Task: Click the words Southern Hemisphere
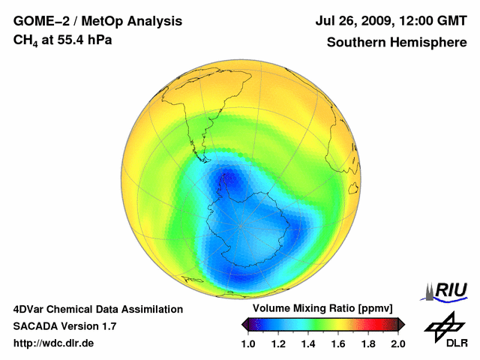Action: pyautogui.click(x=396, y=42)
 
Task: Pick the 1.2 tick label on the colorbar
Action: pyautogui.click(x=278, y=343)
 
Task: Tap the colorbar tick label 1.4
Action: pyautogui.click(x=308, y=343)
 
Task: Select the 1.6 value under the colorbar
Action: pyautogui.click(x=338, y=343)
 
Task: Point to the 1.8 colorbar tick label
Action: pyautogui.click(x=368, y=343)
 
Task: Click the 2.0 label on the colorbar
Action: pyautogui.click(x=398, y=343)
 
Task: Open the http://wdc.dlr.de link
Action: pyautogui.click(x=53, y=343)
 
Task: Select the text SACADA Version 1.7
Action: pyautogui.click(x=64, y=326)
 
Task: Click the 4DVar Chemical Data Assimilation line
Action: pyautogui.click(x=97, y=309)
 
